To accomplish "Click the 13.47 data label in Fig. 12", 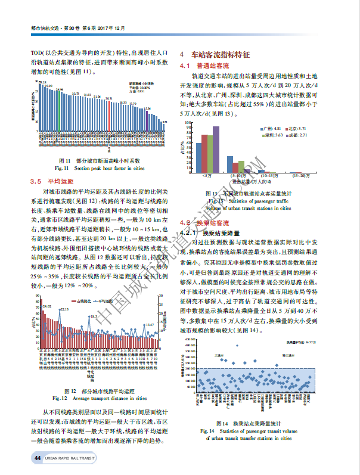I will (x=149, y=325).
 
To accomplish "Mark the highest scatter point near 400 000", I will (x=237, y=345).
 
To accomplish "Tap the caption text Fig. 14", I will (x=207, y=429).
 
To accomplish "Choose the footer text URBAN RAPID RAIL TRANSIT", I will (x=70, y=458).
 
